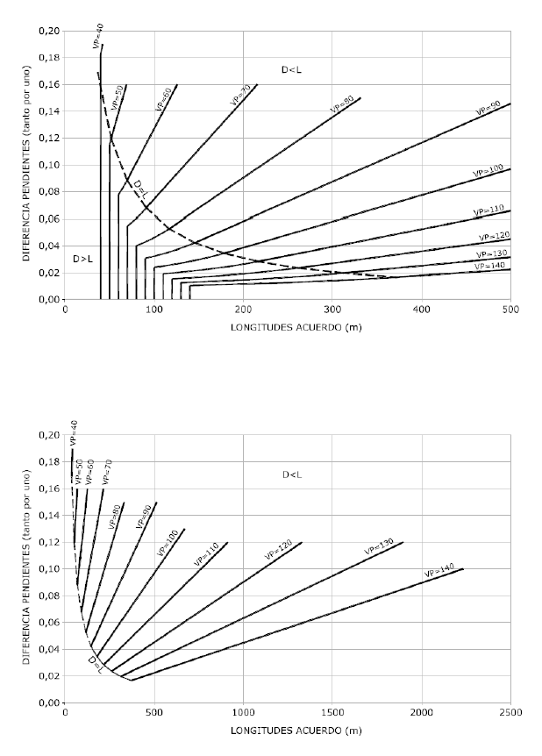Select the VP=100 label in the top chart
tap(489, 168)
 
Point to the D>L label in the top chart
tap(82, 259)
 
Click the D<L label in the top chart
tap(292, 68)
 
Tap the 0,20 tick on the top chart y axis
tap(49, 31)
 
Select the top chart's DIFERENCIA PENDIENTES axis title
tap(26, 164)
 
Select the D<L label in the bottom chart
tap(292, 474)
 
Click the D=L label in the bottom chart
tap(97, 665)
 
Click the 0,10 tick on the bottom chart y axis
tap(49, 569)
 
